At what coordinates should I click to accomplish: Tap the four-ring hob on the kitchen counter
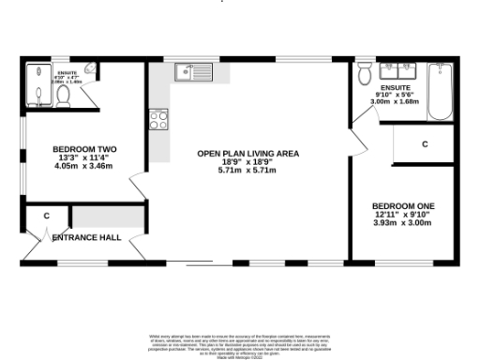click(158, 120)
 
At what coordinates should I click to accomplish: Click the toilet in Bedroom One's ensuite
click(365, 73)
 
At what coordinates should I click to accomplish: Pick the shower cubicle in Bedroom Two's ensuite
click(37, 87)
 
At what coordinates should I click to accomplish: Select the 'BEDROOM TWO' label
click(83, 149)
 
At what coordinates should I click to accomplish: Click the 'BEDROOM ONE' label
click(402, 206)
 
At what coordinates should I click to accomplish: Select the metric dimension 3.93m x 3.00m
click(402, 223)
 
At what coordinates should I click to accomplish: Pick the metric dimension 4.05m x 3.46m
click(83, 166)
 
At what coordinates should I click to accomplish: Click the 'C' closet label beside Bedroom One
click(425, 144)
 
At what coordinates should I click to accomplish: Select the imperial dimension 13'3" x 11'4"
click(83, 157)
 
